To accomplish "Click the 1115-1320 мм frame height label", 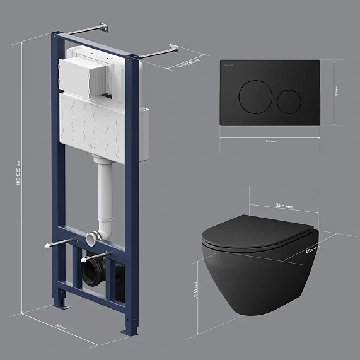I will coord(22,176).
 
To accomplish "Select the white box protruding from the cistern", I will coord(88,77).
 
